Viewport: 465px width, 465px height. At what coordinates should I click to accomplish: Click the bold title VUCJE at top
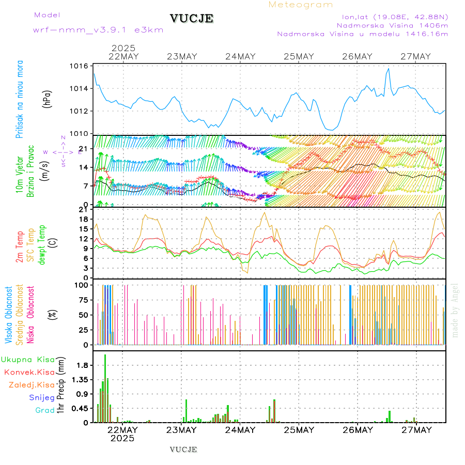pyautogui.click(x=192, y=19)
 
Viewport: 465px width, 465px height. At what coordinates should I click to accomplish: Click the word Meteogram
pyautogui.click(x=301, y=5)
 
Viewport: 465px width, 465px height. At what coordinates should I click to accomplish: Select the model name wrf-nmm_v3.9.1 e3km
pyautogui.click(x=98, y=30)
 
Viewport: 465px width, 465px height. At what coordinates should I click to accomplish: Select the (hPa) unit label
pyautogui.click(x=47, y=99)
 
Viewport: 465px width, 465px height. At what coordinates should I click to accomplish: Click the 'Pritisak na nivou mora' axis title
pyautogui.click(x=20, y=99)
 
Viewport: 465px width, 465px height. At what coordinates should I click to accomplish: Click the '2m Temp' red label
pyautogui.click(x=20, y=247)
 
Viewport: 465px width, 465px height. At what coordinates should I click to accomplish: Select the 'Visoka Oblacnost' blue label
pyautogui.click(x=8, y=315)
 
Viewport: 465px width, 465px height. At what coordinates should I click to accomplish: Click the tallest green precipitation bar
pyautogui.click(x=105, y=388)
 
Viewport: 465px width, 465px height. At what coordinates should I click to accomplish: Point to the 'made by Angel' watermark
pyautogui.click(x=455, y=310)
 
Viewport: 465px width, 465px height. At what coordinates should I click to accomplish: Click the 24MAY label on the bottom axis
pyautogui.click(x=240, y=430)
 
